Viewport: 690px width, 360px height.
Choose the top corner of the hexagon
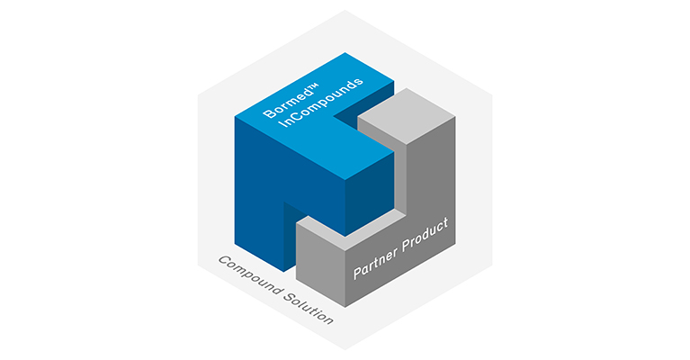click(345, 11)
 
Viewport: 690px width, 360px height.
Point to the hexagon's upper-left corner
click(198, 95)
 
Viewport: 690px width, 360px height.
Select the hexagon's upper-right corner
click(492, 95)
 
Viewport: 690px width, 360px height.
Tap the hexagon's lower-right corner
click(492, 265)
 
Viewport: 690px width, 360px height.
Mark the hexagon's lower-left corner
click(198, 265)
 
